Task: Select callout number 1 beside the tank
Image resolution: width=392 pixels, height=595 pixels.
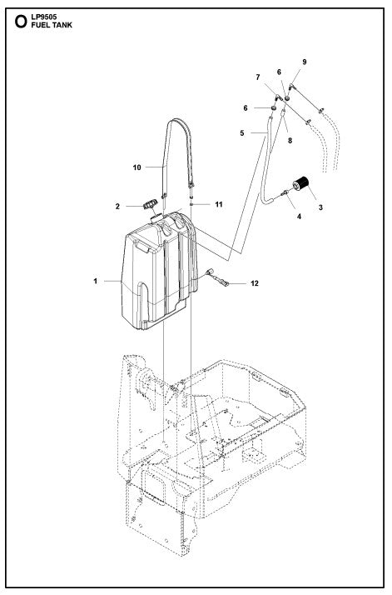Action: [96, 282]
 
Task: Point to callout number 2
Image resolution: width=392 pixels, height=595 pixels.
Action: [118, 206]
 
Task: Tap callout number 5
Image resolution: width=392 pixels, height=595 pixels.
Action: [242, 131]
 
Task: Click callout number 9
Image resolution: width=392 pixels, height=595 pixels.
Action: [304, 62]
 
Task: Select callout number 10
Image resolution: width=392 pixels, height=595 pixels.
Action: [136, 167]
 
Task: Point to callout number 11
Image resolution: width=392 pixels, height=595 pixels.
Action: [219, 203]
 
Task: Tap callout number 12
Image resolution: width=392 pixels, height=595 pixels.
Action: [255, 284]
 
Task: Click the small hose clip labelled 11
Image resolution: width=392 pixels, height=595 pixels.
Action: [191, 202]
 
